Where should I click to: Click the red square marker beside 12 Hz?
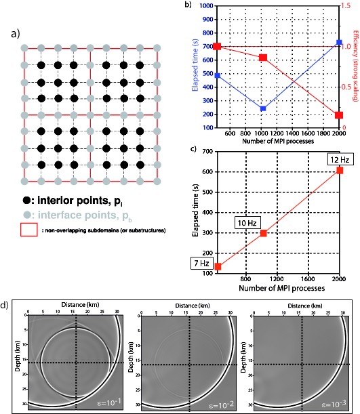340,170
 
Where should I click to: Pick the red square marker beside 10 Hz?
264,234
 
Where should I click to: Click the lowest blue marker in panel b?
263,108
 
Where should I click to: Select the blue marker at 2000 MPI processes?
339,43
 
